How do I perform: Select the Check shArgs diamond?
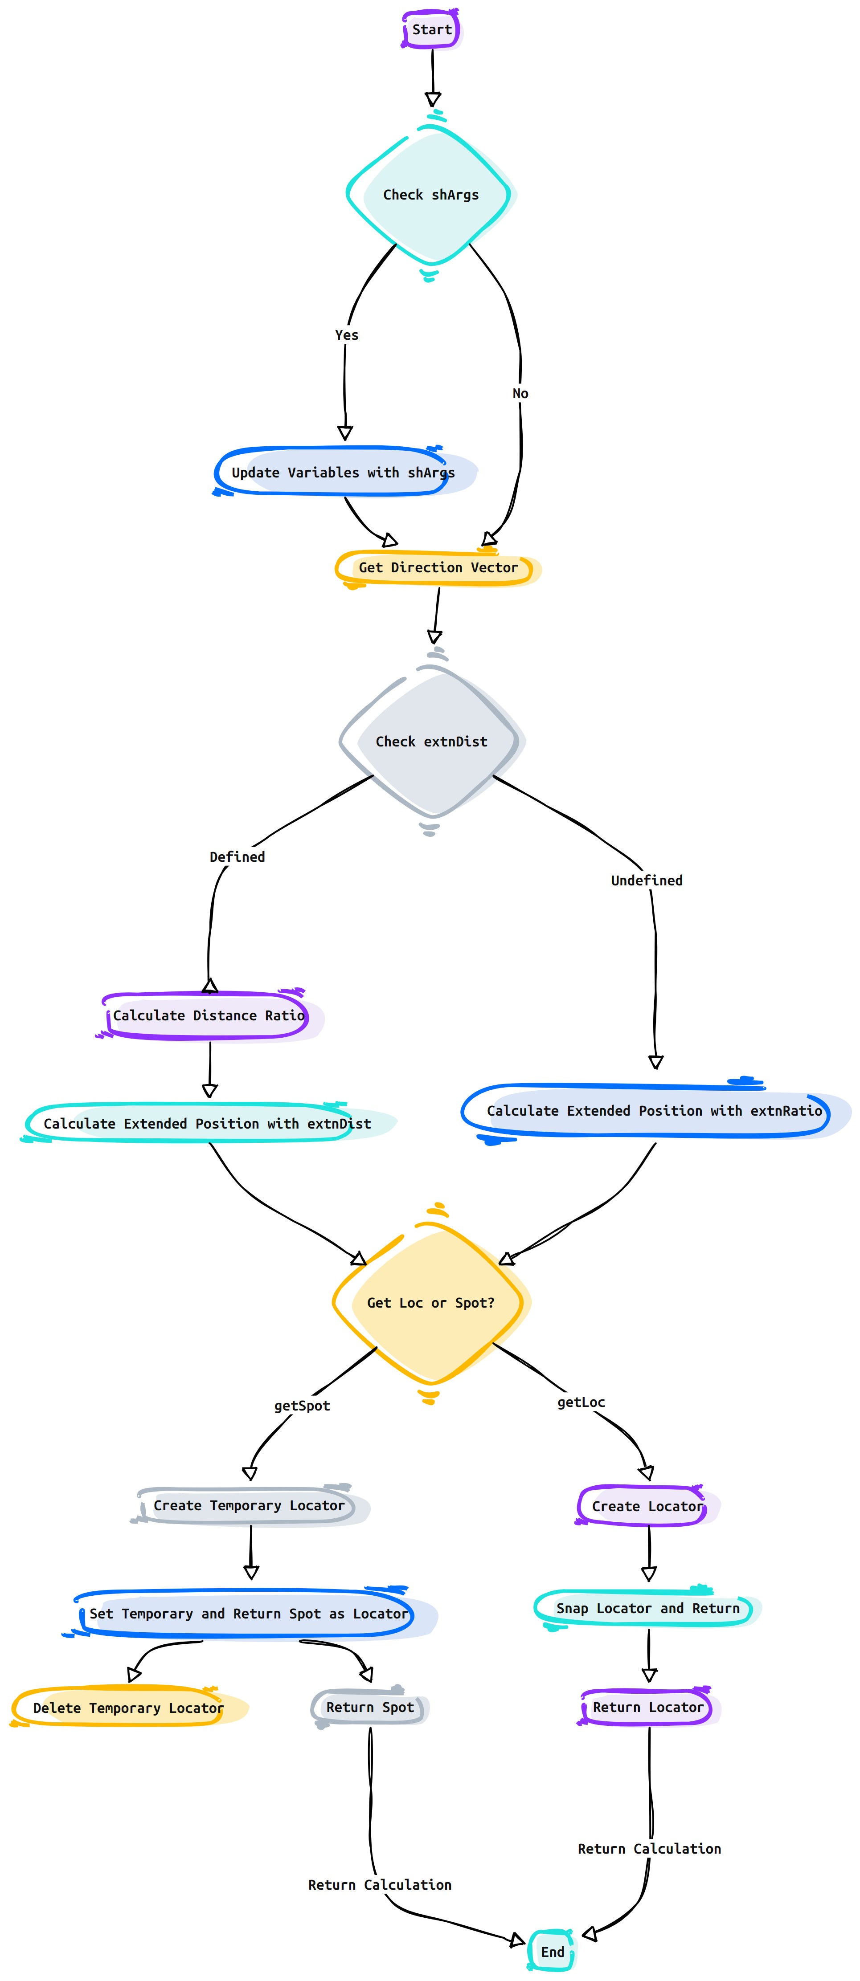tap(431, 195)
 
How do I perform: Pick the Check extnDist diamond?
tap(431, 742)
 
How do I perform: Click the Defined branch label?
tap(237, 857)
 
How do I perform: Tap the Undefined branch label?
tap(647, 880)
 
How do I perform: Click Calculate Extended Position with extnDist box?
tap(208, 1124)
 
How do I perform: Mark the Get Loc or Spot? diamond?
tap(431, 1303)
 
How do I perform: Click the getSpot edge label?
tap(302, 1406)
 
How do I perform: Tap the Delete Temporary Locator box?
tap(128, 1708)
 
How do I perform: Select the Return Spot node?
tap(370, 1707)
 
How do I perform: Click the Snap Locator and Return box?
tap(648, 1608)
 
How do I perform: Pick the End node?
tap(552, 1952)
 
